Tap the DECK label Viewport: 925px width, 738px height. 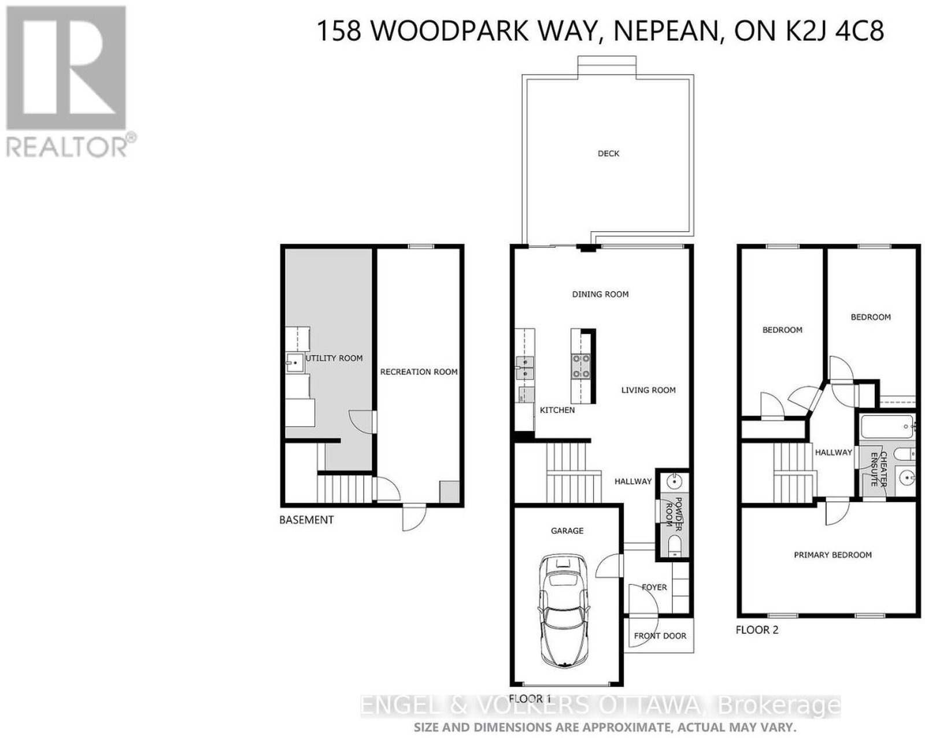(608, 154)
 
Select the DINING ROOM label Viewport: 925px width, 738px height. (600, 294)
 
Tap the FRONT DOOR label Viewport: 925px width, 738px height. (660, 636)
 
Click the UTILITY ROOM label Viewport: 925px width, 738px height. (334, 358)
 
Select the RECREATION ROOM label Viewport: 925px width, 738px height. (419, 372)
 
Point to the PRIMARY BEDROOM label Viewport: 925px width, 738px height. (832, 555)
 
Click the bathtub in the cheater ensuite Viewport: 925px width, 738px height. (887, 427)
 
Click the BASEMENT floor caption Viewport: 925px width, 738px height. (306, 520)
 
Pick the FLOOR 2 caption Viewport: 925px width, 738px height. (757, 630)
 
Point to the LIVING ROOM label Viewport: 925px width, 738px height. (648, 390)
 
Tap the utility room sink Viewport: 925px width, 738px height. (295, 362)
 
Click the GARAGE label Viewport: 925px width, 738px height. (567, 531)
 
